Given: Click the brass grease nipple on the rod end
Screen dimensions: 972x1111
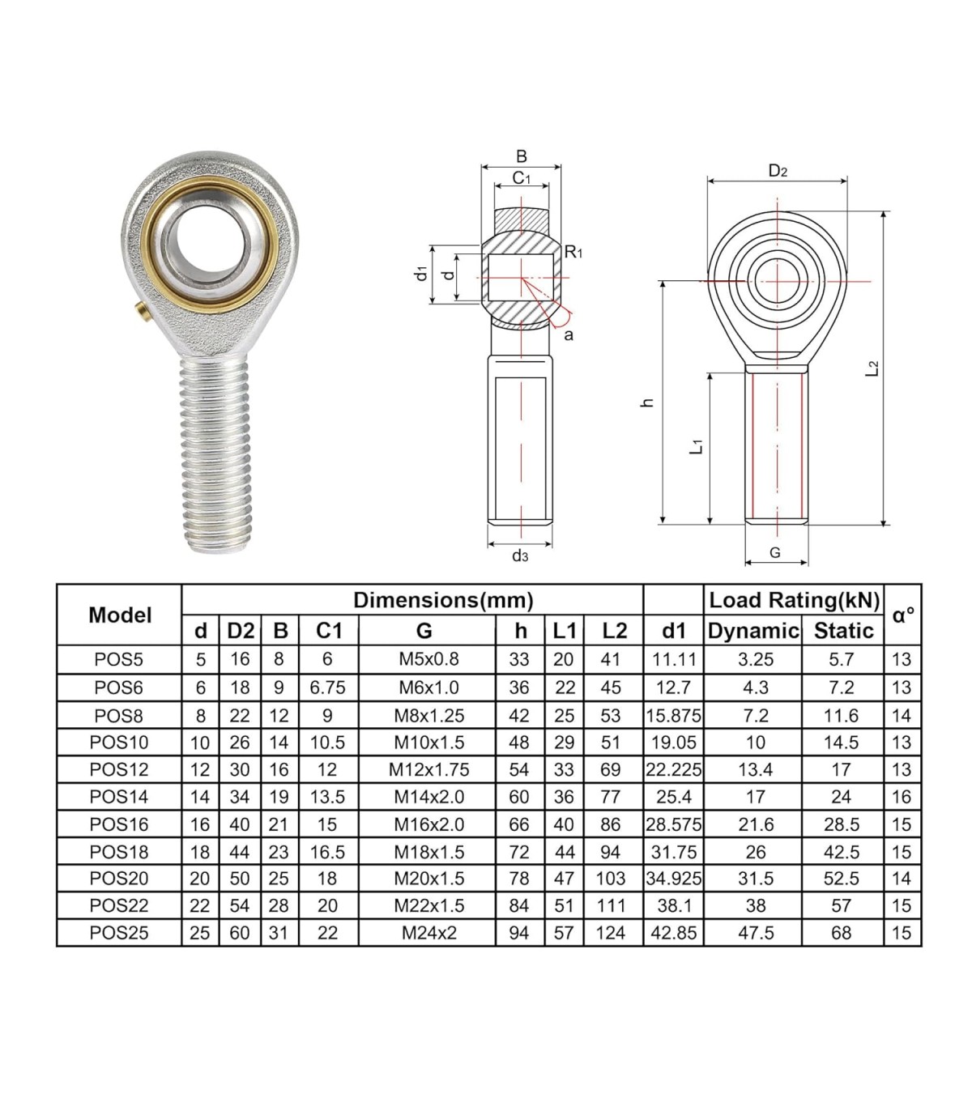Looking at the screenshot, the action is pos(143,314).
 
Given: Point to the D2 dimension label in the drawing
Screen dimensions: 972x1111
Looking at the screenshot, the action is pos(778,171).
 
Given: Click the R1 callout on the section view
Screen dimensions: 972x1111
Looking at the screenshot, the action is pos(573,252).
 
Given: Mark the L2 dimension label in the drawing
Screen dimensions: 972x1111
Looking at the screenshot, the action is pos(872,368).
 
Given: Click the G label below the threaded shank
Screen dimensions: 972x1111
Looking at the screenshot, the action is pos(775,552).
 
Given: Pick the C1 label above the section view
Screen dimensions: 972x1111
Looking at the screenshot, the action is pos(522,177).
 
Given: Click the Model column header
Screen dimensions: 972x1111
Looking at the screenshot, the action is pos(120,615).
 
